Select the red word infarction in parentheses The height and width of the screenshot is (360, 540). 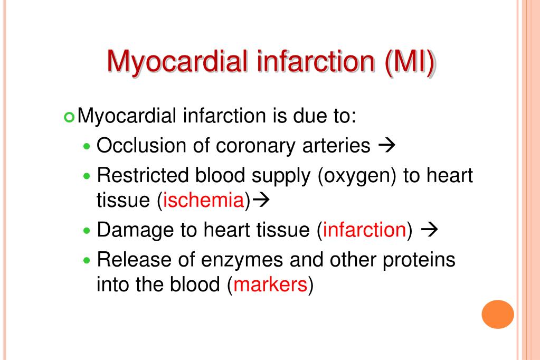pos(364,230)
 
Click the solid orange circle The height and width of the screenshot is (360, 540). pos(498,314)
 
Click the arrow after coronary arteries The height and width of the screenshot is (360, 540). pos(387,145)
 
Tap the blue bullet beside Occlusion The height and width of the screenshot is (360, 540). pos(87,146)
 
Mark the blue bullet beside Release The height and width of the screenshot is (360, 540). pos(87,261)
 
